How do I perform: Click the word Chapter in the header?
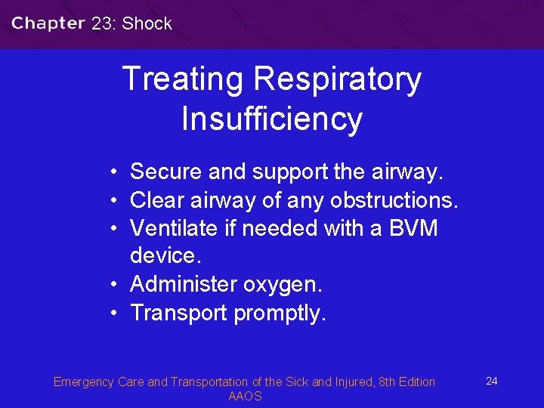[x=48, y=23]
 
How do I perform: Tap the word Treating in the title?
[x=183, y=79]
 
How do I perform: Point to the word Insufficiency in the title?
[x=272, y=119]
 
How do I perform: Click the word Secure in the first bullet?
[x=165, y=172]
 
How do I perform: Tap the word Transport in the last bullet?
[x=179, y=313]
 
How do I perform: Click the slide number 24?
[x=491, y=381]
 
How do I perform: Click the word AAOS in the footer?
[x=245, y=397]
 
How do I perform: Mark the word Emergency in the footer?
[x=84, y=382]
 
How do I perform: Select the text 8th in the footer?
[x=387, y=382]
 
